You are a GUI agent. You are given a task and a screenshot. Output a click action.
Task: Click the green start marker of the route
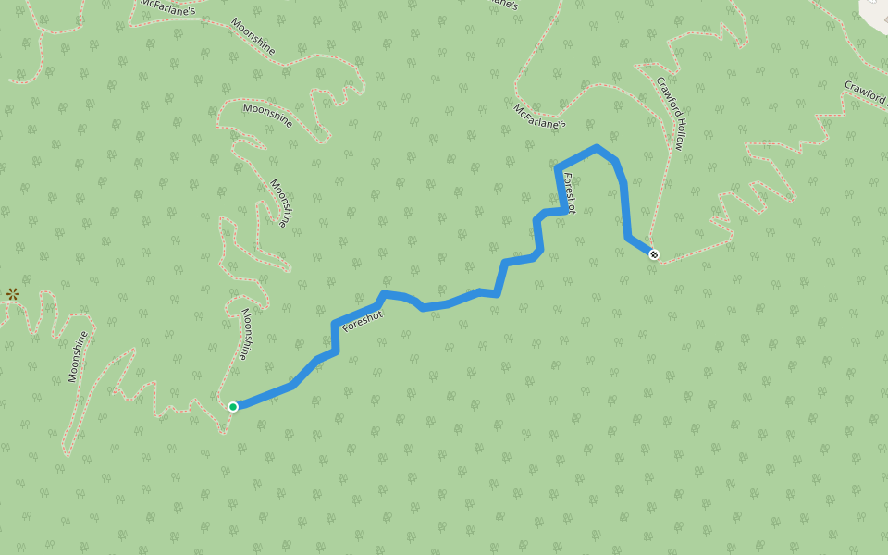tap(233, 406)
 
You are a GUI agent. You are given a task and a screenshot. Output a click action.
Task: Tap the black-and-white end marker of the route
tap(654, 254)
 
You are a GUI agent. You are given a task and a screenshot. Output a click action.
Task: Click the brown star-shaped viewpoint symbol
tap(13, 294)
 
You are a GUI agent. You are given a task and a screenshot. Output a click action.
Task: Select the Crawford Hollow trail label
tap(671, 113)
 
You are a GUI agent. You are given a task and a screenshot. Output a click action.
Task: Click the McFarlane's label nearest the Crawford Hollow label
tap(539, 116)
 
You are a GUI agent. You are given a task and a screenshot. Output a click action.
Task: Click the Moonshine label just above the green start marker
tap(244, 334)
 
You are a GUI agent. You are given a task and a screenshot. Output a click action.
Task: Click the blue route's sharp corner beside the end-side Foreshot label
tap(557, 168)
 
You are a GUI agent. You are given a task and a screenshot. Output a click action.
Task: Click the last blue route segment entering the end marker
tap(640, 246)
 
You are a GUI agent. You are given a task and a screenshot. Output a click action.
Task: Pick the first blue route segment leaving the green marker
tap(264, 396)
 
